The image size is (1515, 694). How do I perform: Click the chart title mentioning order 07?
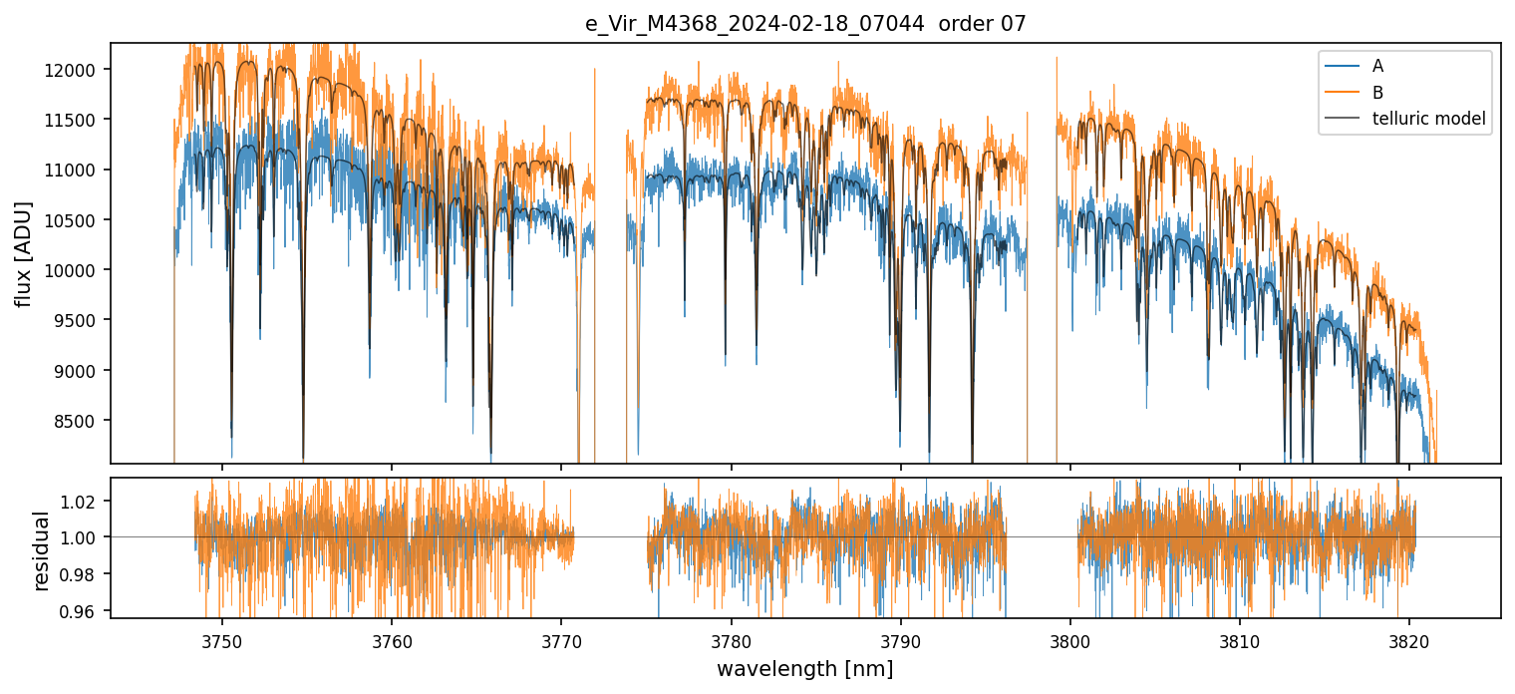(805, 24)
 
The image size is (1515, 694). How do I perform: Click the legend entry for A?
(1377, 66)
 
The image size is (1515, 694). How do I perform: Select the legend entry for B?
(1377, 93)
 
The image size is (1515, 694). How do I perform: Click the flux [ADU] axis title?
(23, 253)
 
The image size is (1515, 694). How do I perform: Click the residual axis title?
(41, 550)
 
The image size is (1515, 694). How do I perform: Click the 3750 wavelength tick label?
(221, 638)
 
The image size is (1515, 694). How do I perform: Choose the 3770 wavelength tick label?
(561, 638)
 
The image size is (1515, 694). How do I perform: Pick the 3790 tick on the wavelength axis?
(901, 638)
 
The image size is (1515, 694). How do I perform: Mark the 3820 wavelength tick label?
(1409, 638)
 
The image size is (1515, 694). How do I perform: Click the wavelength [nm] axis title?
(805, 668)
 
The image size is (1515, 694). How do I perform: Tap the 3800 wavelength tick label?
(1070, 638)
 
